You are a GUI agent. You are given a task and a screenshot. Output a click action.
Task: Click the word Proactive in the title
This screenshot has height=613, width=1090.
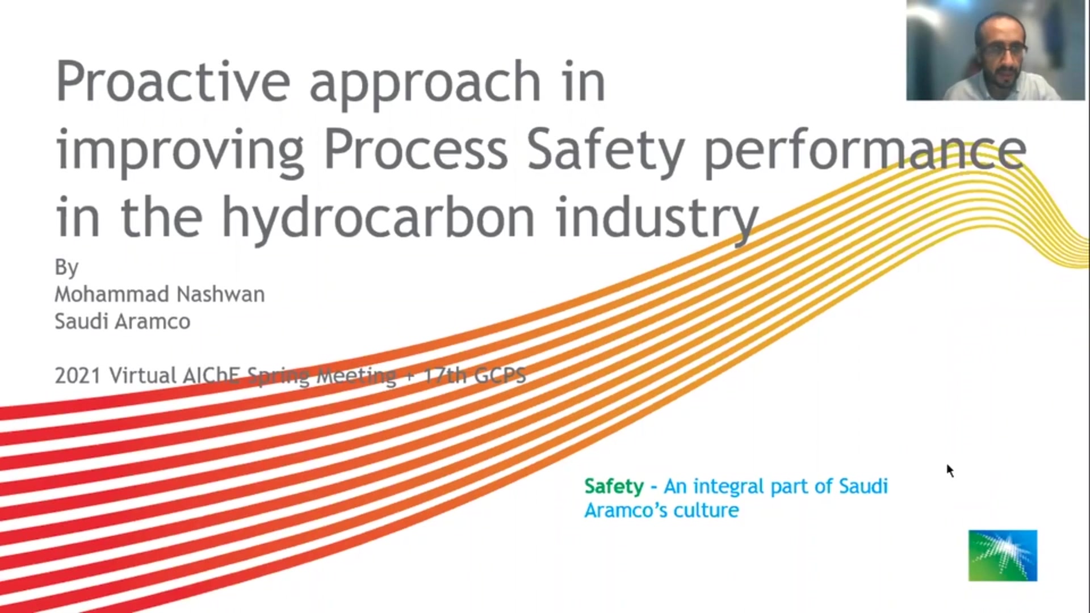coord(174,81)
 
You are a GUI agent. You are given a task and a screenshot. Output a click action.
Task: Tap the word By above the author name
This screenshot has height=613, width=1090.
coord(66,267)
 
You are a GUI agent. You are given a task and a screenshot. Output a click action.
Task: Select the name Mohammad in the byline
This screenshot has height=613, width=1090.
coord(112,294)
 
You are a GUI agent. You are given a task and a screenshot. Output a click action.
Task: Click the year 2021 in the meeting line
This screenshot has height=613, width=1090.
coord(78,376)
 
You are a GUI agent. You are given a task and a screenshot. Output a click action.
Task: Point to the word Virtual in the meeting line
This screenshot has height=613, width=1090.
coord(143,376)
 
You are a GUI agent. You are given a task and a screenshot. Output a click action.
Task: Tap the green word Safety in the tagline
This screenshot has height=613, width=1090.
coord(614,487)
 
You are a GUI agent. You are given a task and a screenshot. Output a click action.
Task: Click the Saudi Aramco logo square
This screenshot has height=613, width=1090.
coord(1003,556)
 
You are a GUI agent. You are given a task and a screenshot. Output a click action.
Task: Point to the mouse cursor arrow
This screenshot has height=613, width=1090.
coord(950,471)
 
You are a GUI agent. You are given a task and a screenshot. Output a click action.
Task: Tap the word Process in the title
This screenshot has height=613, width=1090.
coord(416,150)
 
